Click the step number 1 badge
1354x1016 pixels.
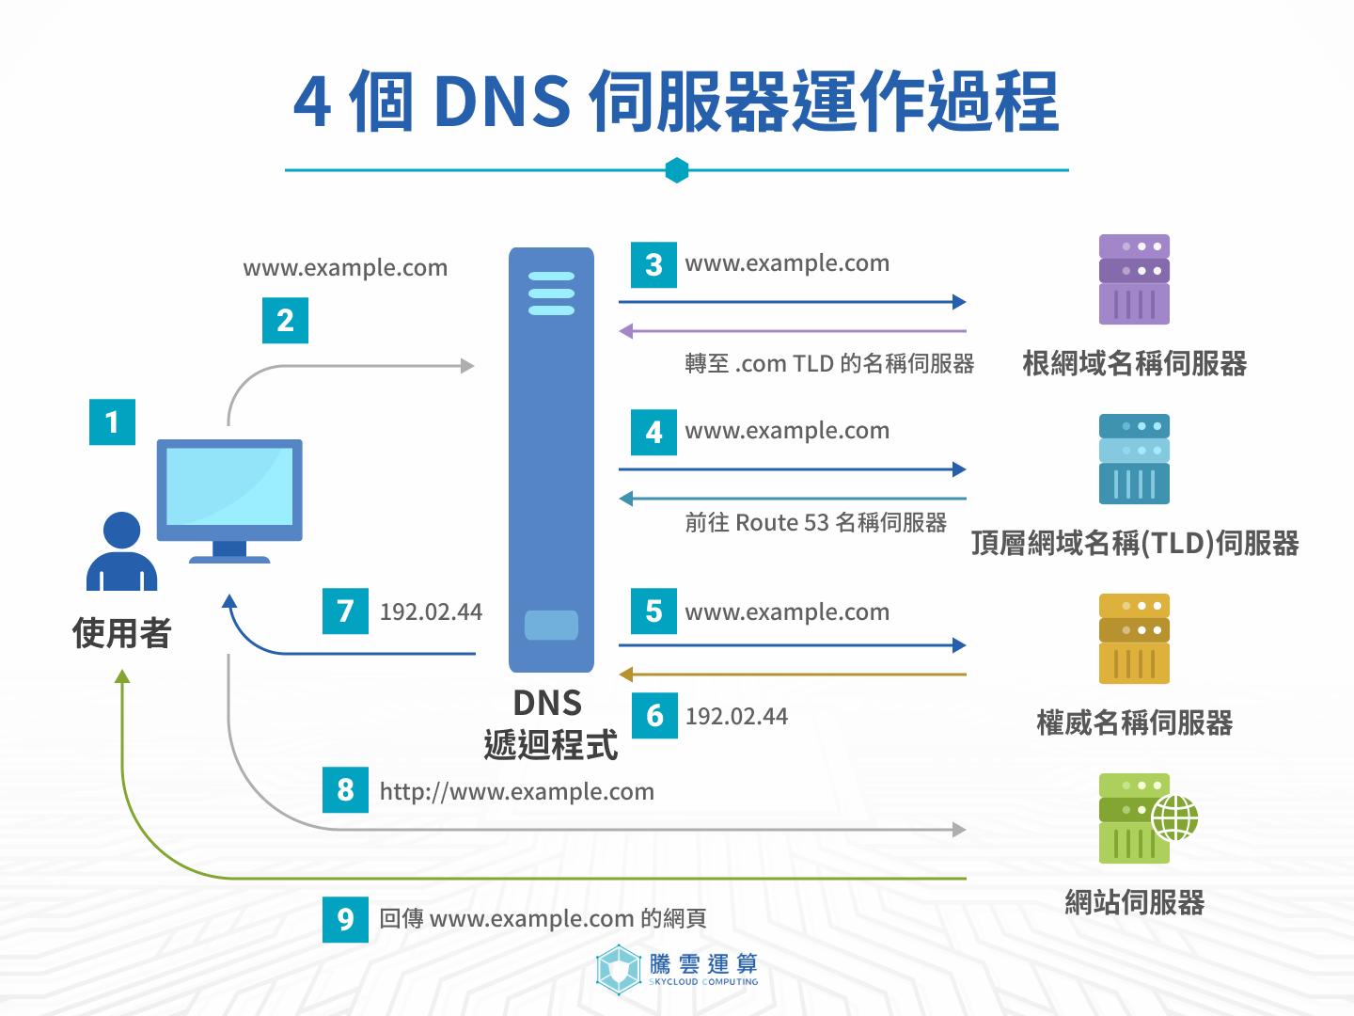[x=112, y=421]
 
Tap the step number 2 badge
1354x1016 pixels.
[x=285, y=320]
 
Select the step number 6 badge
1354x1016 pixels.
[x=654, y=715]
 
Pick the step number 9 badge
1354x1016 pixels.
[x=345, y=919]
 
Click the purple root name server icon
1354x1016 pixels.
[x=1134, y=279]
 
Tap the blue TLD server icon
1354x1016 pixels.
[x=1134, y=459]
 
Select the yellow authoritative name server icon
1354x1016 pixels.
[x=1134, y=639]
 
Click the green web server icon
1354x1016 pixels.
[x=1138, y=818]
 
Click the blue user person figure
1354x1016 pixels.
[x=121, y=553]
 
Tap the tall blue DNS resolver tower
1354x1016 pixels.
[x=551, y=459]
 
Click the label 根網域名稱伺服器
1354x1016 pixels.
[x=1134, y=364]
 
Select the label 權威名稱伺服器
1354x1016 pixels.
[x=1134, y=722]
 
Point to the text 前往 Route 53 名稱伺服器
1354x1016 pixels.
[x=815, y=523]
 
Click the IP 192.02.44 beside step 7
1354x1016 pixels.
[x=431, y=612]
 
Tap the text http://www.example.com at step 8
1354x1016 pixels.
[x=516, y=792]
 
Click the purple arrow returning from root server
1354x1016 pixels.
[x=792, y=331]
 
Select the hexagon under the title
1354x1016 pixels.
[x=677, y=170]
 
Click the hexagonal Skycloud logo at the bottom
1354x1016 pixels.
[x=619, y=969]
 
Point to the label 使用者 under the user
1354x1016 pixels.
[x=121, y=633]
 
